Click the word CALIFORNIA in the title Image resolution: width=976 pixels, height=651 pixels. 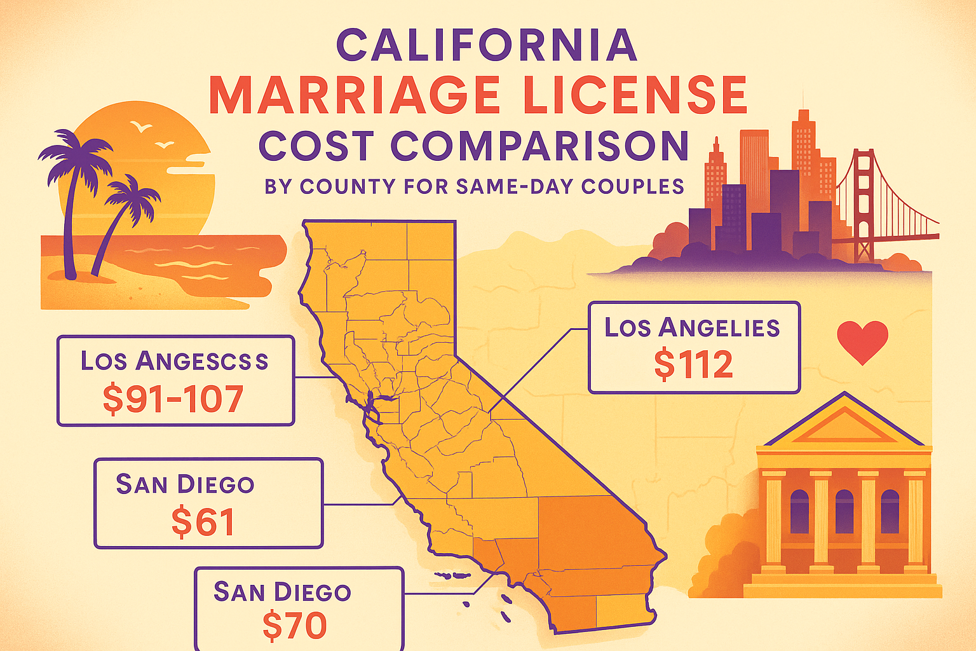coord(486,45)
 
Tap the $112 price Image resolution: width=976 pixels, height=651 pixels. coord(693,364)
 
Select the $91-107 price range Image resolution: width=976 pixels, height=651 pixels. coord(173,399)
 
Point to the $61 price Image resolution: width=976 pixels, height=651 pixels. coord(203,522)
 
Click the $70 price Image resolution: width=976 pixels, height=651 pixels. coord(295,626)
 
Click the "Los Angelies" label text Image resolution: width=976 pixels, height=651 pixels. coord(692,328)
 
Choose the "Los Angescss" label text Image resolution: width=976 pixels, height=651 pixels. coord(174,361)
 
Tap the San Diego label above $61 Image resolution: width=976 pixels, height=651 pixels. coord(185,484)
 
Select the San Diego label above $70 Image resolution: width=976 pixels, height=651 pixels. coord(282,593)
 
